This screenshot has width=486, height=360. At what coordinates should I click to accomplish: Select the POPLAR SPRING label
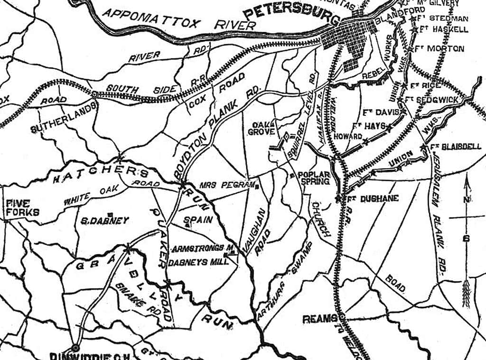[x=313, y=178]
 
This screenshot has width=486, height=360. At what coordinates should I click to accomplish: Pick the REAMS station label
[x=320, y=319]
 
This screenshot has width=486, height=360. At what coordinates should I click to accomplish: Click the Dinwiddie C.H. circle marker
[x=75, y=348]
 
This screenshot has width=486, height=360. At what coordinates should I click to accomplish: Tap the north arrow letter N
[x=467, y=199]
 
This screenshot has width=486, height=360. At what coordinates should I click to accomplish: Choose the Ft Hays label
[x=365, y=126]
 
